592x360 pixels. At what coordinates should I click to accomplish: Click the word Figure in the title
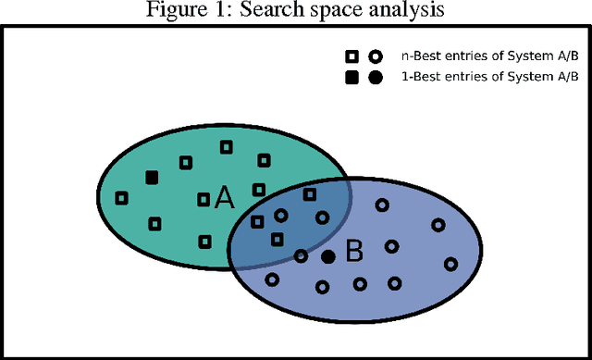click(171, 11)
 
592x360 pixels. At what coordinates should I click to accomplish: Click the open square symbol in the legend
click(351, 56)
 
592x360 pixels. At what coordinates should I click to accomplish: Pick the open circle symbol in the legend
click(375, 56)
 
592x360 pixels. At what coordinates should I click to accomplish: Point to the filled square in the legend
click(351, 78)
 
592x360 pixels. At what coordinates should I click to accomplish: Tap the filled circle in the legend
click(375, 78)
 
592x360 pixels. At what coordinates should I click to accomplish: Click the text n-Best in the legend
click(418, 56)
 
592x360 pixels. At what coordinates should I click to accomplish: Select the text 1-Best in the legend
click(418, 78)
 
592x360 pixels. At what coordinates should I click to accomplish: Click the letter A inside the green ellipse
click(224, 198)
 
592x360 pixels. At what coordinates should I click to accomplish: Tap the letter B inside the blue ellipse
click(354, 251)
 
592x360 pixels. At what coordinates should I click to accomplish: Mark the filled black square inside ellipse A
click(152, 178)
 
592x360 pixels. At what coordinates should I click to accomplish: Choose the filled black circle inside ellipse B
click(327, 256)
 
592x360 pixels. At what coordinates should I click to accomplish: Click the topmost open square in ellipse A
click(226, 147)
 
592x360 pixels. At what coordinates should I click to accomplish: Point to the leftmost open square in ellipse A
click(121, 197)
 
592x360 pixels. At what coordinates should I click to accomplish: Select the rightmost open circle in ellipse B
click(450, 264)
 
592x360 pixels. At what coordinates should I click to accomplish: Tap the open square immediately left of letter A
click(203, 199)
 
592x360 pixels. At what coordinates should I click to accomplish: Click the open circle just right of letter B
click(391, 246)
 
